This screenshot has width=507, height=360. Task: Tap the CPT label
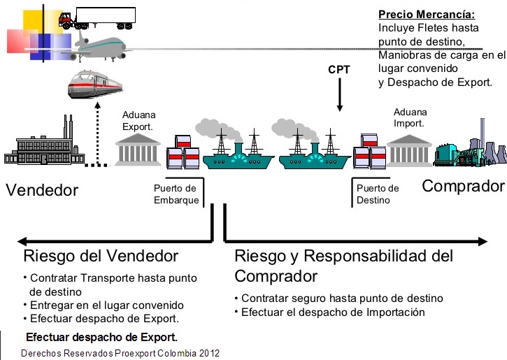(x=338, y=70)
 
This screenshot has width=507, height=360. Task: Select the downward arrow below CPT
(x=339, y=94)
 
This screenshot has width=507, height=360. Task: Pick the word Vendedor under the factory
(x=42, y=190)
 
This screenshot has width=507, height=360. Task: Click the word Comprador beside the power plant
(x=463, y=186)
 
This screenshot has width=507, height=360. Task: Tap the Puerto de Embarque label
(x=176, y=194)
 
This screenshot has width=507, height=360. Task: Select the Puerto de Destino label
(x=378, y=194)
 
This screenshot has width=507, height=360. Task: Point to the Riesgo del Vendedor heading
(x=101, y=256)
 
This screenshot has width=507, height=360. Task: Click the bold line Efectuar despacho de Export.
(x=102, y=336)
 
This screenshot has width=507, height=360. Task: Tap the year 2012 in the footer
(x=208, y=353)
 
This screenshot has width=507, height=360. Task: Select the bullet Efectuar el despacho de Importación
(x=333, y=312)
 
